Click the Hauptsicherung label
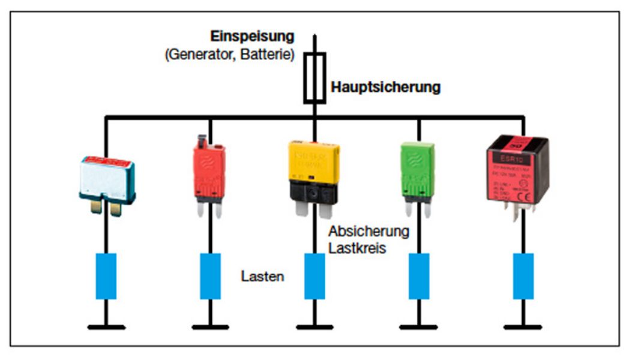[385, 88]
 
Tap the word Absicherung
[369, 232]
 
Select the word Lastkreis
[357, 247]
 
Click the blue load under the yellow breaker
[314, 276]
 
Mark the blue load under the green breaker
[419, 276]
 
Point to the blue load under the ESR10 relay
[523, 276]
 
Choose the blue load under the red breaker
[210, 276]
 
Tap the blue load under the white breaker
[106, 276]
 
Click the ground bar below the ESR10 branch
[523, 327]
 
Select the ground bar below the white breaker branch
[106, 327]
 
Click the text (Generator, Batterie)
[229, 55]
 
